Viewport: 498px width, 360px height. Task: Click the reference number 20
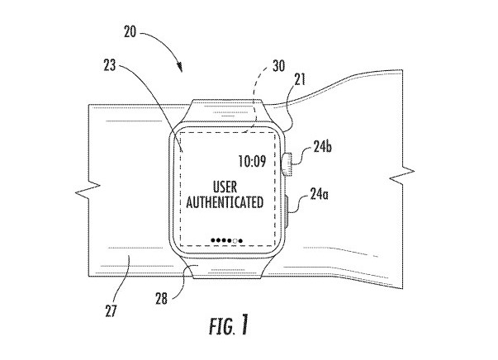coord(130,32)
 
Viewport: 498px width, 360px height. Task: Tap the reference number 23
coord(110,65)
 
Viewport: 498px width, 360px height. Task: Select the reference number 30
coord(279,66)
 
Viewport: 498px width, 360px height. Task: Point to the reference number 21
coord(300,79)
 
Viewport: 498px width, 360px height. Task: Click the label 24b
coord(322,147)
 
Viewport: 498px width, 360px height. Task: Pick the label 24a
coord(319,194)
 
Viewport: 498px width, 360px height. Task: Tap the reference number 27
coord(111,310)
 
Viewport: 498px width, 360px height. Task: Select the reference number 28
coord(161,298)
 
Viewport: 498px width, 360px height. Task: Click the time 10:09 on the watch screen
coord(252,161)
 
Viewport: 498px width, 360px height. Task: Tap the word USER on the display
coord(225,187)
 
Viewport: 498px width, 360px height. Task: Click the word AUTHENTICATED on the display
coord(225,202)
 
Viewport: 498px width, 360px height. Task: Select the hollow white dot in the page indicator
coord(235,241)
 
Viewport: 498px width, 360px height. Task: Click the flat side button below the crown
coord(287,211)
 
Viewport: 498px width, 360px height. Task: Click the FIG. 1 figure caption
coord(228,325)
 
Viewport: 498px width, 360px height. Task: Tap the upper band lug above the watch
coord(227,111)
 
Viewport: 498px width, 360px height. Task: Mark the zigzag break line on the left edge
coord(88,190)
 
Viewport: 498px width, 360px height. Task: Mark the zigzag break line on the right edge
coord(402,175)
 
